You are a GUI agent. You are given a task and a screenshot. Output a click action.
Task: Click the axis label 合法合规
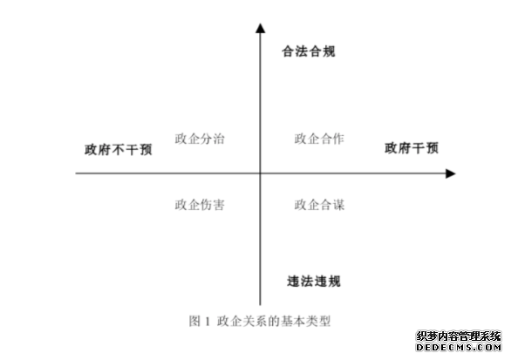point(309,51)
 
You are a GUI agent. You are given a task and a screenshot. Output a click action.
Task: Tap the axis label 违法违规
point(314,282)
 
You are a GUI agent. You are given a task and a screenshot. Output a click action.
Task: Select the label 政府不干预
point(119,150)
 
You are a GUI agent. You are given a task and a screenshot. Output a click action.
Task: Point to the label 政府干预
point(412,148)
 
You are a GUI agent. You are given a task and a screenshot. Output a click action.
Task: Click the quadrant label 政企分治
point(200,139)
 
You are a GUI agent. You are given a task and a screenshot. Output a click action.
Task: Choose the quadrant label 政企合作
point(319,139)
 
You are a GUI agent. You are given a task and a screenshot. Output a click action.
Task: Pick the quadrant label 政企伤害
point(200,205)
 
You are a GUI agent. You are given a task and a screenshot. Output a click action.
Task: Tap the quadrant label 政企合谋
point(319,205)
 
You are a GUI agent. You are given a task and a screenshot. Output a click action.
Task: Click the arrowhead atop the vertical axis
point(260,28)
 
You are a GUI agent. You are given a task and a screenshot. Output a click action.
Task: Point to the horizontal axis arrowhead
point(450,173)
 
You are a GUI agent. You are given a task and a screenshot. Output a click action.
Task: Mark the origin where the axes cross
point(260,173)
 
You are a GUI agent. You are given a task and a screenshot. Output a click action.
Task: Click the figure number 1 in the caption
point(208,322)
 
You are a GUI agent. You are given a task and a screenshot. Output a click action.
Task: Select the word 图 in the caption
point(194,322)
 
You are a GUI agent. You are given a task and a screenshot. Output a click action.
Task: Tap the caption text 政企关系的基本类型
point(274,322)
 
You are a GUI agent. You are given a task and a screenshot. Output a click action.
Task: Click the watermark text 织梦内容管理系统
point(459,336)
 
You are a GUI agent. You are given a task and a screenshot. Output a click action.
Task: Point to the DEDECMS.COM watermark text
point(459,347)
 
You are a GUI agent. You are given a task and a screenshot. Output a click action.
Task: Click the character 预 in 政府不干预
point(146,150)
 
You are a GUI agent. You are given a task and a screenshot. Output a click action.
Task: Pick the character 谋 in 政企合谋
point(338,205)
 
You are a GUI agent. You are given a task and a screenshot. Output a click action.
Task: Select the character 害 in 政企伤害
point(219,205)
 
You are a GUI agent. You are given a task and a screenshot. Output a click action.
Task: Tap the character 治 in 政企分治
point(219,139)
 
